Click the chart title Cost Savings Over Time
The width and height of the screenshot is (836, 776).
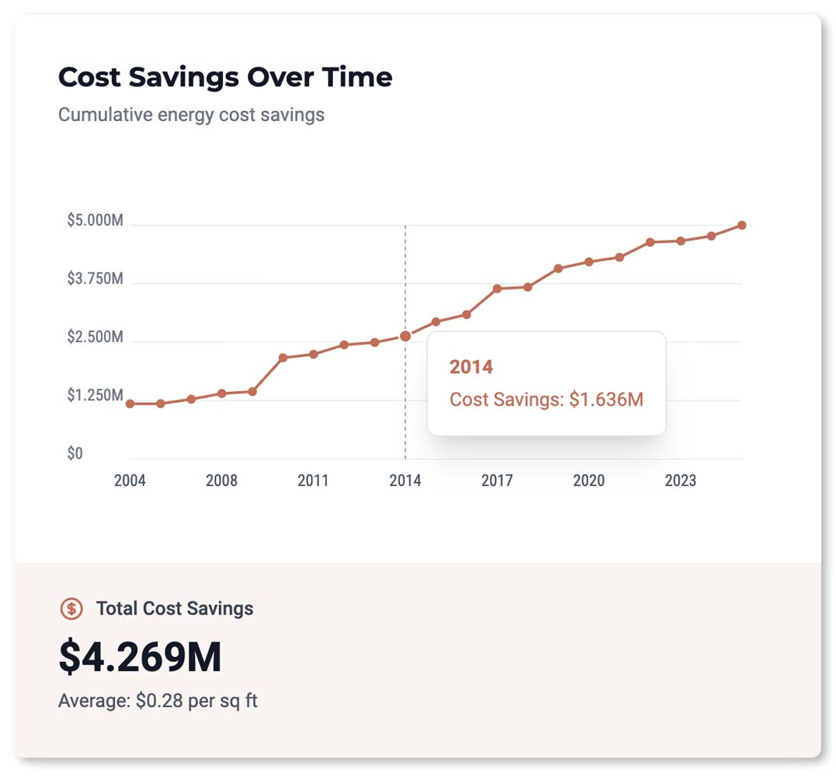point(225,78)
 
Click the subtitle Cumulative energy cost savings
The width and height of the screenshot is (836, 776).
point(191,116)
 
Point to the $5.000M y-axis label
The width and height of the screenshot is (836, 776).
point(95,220)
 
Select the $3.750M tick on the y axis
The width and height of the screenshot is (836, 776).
point(95,279)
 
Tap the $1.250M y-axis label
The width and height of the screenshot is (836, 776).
point(95,396)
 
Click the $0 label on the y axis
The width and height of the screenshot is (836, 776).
point(75,453)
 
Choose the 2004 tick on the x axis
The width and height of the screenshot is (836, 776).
point(130,481)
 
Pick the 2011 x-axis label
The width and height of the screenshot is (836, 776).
point(313,481)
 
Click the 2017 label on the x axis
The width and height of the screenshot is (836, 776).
point(497,481)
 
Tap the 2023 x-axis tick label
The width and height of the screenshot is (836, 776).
point(680,481)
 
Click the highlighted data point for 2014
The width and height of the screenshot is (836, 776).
point(405,336)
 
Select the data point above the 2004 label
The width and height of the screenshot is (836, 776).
point(130,404)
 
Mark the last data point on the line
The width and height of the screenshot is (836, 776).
point(742,225)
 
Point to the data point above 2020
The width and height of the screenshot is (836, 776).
point(589,262)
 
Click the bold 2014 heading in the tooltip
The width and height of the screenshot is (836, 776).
point(471,367)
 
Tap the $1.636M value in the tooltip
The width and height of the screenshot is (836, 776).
point(606,400)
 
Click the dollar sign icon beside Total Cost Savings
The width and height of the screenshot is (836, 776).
point(71,608)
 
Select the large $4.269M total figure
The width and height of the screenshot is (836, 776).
point(140,657)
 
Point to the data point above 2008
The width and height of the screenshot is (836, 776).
point(221,393)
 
